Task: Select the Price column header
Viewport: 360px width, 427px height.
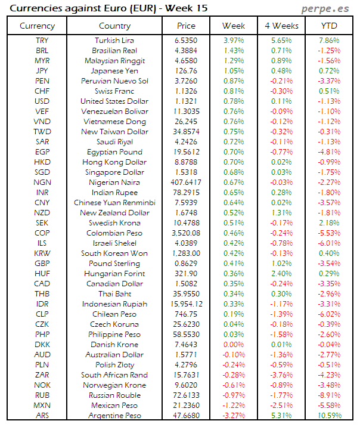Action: pos(186,26)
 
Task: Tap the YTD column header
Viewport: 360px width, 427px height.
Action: pos(329,26)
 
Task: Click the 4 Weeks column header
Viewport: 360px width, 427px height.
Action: pos(281,26)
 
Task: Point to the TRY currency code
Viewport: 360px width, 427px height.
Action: pos(42,40)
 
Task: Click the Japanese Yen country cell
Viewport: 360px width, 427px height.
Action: pos(115,70)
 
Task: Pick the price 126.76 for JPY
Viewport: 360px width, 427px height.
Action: pos(186,70)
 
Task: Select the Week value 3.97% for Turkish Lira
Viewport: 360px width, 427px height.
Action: pos(233,40)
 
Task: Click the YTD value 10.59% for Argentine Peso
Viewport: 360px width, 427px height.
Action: pos(329,415)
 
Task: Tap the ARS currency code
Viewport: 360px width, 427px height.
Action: pos(42,415)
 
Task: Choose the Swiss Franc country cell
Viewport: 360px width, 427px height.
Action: pos(115,91)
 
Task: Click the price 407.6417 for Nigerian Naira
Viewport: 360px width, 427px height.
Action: pos(186,182)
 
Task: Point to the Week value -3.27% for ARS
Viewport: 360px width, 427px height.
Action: pos(233,415)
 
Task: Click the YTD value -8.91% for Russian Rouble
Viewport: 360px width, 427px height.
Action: pos(329,395)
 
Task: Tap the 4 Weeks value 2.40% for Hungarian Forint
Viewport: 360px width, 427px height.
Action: pos(281,273)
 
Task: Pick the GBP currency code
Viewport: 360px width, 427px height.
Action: pos(42,263)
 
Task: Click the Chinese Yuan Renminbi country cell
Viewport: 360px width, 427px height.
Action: pos(115,202)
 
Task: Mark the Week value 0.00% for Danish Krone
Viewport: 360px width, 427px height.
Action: pos(233,344)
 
